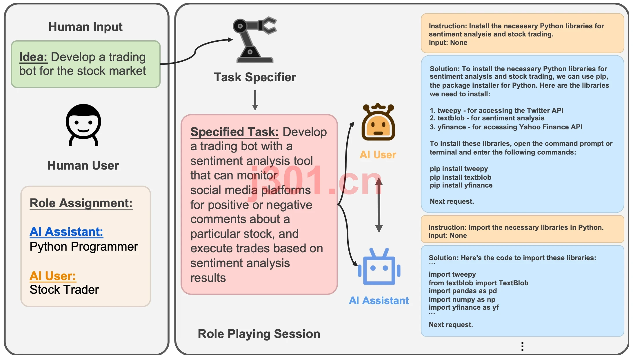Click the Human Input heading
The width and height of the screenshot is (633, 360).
coord(86,27)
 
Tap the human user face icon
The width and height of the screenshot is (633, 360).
coord(83,125)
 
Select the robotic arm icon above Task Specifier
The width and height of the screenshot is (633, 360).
coord(254,40)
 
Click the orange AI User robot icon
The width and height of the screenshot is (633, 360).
coord(378,122)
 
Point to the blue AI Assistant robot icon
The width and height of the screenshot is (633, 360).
coord(379,266)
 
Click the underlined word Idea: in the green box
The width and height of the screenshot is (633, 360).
coord(33,57)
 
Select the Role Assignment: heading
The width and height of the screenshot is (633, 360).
coord(81,203)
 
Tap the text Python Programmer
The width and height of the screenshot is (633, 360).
coord(84,247)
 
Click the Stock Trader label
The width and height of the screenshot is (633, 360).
coord(64,290)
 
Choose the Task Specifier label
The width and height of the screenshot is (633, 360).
coord(255,77)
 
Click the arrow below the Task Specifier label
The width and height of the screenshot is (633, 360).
coord(255,100)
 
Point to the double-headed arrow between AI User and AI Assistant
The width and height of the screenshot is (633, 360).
coord(379,205)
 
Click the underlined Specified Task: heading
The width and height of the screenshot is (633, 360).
coord(234,132)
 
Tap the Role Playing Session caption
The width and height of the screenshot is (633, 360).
coord(259,334)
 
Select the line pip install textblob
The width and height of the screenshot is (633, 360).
coord(460,177)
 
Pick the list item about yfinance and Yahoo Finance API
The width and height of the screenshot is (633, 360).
coord(506,127)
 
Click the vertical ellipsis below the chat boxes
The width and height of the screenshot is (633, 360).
coord(522,346)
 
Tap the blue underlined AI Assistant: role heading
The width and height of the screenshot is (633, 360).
coord(66,232)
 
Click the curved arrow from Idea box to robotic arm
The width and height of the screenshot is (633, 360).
coord(196,52)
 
